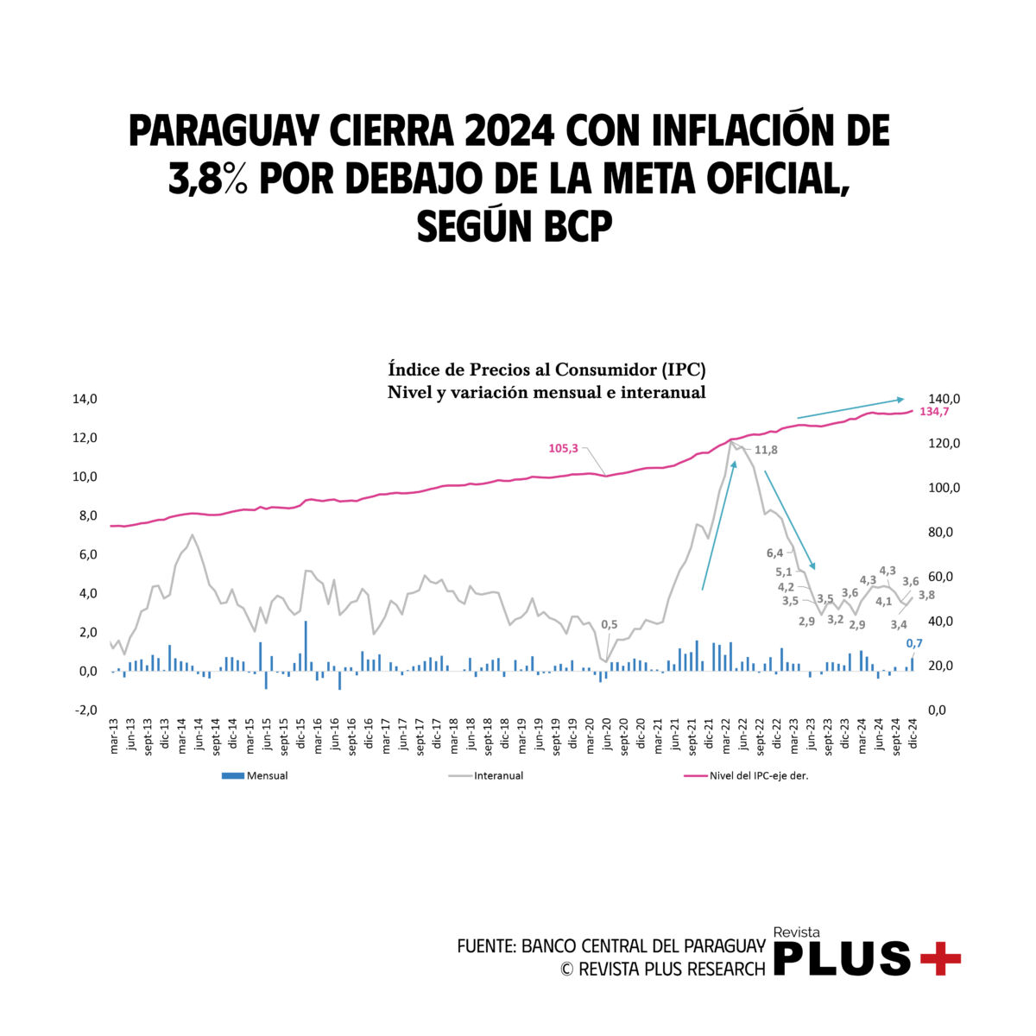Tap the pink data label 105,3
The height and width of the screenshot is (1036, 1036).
(x=563, y=448)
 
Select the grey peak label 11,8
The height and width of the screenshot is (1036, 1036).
(x=766, y=450)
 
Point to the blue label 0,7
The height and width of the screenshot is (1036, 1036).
(x=914, y=642)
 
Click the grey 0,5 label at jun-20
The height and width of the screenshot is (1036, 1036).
(x=609, y=624)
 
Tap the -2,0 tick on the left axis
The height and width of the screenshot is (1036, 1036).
(x=85, y=710)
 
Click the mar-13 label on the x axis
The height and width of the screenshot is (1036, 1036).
(x=114, y=736)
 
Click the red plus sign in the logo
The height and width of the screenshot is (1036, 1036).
(x=940, y=958)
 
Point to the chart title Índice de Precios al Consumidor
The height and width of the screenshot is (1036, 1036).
(x=546, y=370)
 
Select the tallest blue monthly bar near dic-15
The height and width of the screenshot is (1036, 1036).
(x=306, y=646)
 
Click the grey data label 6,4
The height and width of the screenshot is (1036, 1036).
(x=774, y=553)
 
